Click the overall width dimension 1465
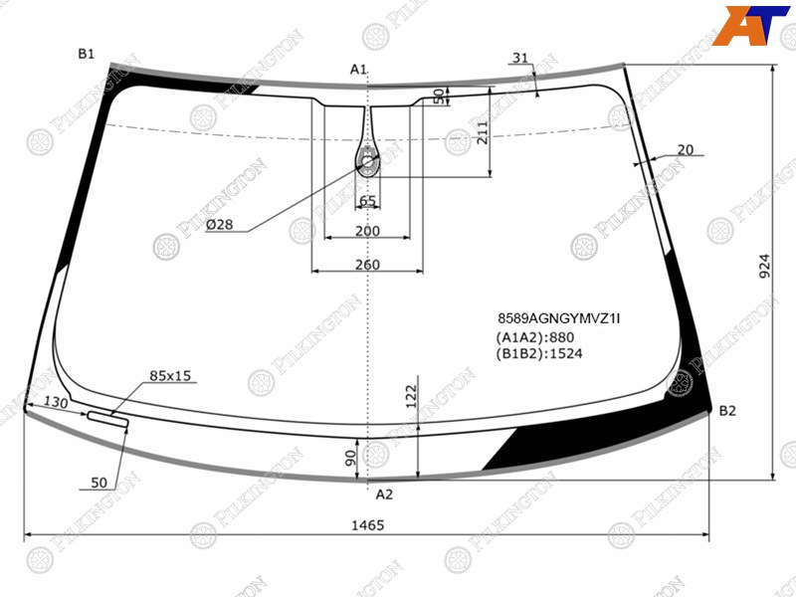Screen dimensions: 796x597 (367, 525)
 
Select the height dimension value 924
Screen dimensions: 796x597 (764, 266)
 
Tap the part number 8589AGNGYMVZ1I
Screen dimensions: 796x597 (558, 318)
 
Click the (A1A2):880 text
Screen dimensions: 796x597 (535, 337)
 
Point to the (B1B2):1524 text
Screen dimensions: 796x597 (539, 354)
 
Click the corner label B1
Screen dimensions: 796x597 (87, 54)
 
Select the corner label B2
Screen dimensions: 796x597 (727, 411)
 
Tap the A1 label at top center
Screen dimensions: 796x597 (358, 70)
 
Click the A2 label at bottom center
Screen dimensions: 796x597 (384, 494)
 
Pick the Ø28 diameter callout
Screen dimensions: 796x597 (219, 225)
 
